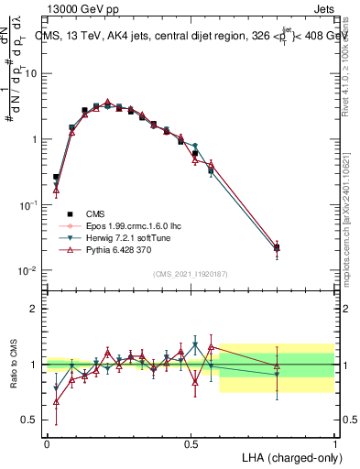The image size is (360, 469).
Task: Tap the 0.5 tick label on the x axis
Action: [x=191, y=444]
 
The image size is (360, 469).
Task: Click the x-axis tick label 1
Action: [x=333, y=444]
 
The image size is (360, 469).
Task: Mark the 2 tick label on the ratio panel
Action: [x=35, y=309]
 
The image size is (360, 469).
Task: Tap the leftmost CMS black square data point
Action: [x=56, y=177]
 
